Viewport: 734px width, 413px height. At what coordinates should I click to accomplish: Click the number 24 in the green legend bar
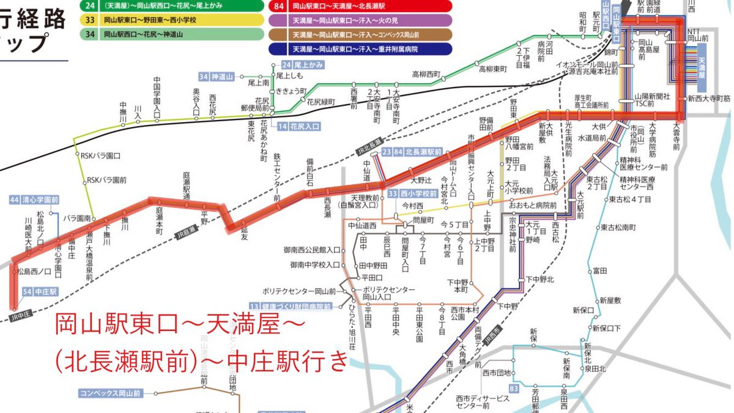tap(91, 6)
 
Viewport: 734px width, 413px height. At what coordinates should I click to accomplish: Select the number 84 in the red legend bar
tap(279, 6)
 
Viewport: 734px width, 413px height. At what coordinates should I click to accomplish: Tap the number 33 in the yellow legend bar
tap(91, 20)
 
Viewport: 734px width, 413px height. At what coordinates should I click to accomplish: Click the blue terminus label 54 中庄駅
tap(40, 292)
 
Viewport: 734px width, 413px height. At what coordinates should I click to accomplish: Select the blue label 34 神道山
tap(217, 76)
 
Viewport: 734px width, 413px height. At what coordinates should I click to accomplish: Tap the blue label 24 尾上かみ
tap(298, 65)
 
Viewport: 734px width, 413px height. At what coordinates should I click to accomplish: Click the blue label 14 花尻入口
tap(298, 127)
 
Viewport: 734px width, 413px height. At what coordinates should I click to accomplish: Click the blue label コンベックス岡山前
tap(109, 392)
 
